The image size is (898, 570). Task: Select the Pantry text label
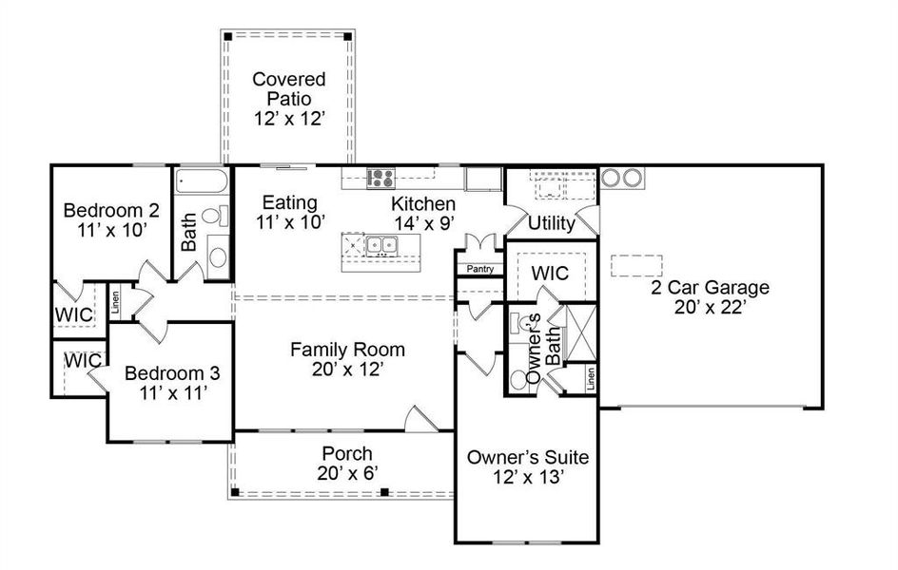pos(480,269)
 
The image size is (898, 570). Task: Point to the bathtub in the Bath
pos(202,180)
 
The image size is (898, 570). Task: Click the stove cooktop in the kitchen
pos(381,178)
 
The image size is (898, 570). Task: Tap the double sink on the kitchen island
pos(382,245)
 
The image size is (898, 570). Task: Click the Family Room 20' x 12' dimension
pos(347,370)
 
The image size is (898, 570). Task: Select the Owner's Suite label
pos(527,457)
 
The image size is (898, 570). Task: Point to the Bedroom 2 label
pos(111,210)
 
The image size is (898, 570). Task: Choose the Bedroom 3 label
pos(172,373)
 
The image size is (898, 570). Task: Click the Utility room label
pos(551,223)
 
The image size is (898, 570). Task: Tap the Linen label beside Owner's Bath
pos(590,378)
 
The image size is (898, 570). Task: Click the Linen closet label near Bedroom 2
pos(115,302)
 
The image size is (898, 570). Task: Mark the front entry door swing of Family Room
pos(420,418)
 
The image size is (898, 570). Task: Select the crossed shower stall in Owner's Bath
pos(580,332)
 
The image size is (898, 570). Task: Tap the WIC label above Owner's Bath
pos(550,274)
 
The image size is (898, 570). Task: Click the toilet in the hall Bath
pos(215,216)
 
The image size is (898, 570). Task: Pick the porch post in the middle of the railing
pos(385,492)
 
